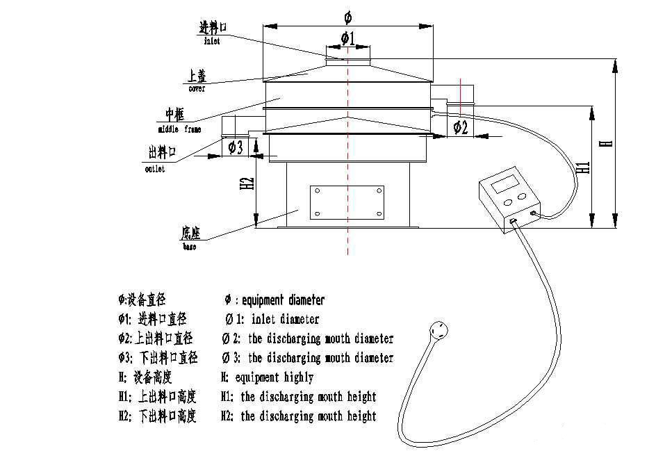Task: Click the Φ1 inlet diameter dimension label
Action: click(347, 38)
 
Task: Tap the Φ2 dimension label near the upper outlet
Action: click(460, 127)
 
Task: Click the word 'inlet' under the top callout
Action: click(212, 42)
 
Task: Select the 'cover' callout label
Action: click(197, 88)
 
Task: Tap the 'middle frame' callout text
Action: click(179, 129)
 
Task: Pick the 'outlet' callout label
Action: click(155, 170)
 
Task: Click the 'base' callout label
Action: click(190, 246)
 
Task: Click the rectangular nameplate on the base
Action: click(347, 202)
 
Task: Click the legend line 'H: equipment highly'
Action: click(267, 377)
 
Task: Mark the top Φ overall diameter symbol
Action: click(347, 15)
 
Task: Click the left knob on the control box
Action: click(507, 202)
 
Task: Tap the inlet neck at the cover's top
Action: click(347, 54)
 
